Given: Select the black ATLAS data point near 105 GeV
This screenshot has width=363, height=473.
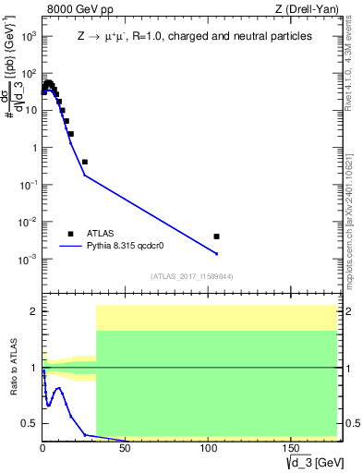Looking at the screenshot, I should point(216,236).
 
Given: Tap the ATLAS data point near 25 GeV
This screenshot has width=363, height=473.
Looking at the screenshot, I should point(84,162).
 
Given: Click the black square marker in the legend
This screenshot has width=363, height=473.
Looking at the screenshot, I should point(70,234).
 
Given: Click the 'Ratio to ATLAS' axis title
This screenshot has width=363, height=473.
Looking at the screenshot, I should point(14,368).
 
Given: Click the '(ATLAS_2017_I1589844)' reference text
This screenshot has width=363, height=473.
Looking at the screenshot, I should point(189,276).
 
